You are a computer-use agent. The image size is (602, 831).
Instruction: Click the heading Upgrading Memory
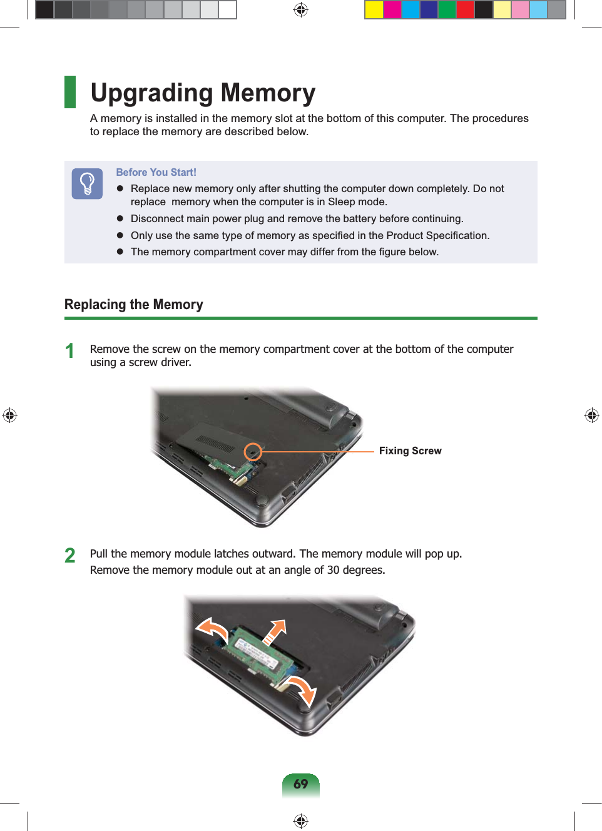coord(203,93)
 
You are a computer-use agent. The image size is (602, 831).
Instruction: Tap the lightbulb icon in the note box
coord(87,183)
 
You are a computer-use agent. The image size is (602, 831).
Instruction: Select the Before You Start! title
coord(156,172)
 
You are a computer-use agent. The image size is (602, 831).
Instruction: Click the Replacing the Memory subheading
coord(134,305)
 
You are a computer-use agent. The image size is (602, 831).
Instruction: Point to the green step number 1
coord(70,351)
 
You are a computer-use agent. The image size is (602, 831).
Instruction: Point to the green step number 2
coord(70,556)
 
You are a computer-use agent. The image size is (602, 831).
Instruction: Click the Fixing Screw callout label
coord(410,451)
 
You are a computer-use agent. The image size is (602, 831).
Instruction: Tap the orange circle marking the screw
coord(253,451)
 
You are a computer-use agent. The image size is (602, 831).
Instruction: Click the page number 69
coord(301,784)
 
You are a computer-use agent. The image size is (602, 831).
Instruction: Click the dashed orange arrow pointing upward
coord(275,631)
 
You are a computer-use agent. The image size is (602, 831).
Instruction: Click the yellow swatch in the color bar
coord(374,10)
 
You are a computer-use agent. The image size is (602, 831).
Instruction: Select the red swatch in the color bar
coord(465,10)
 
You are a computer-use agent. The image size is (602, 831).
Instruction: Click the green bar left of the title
coord(70,92)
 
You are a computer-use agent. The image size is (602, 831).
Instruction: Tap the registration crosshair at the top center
coord(301,10)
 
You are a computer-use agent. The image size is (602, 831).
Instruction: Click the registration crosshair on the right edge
coord(591,415)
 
